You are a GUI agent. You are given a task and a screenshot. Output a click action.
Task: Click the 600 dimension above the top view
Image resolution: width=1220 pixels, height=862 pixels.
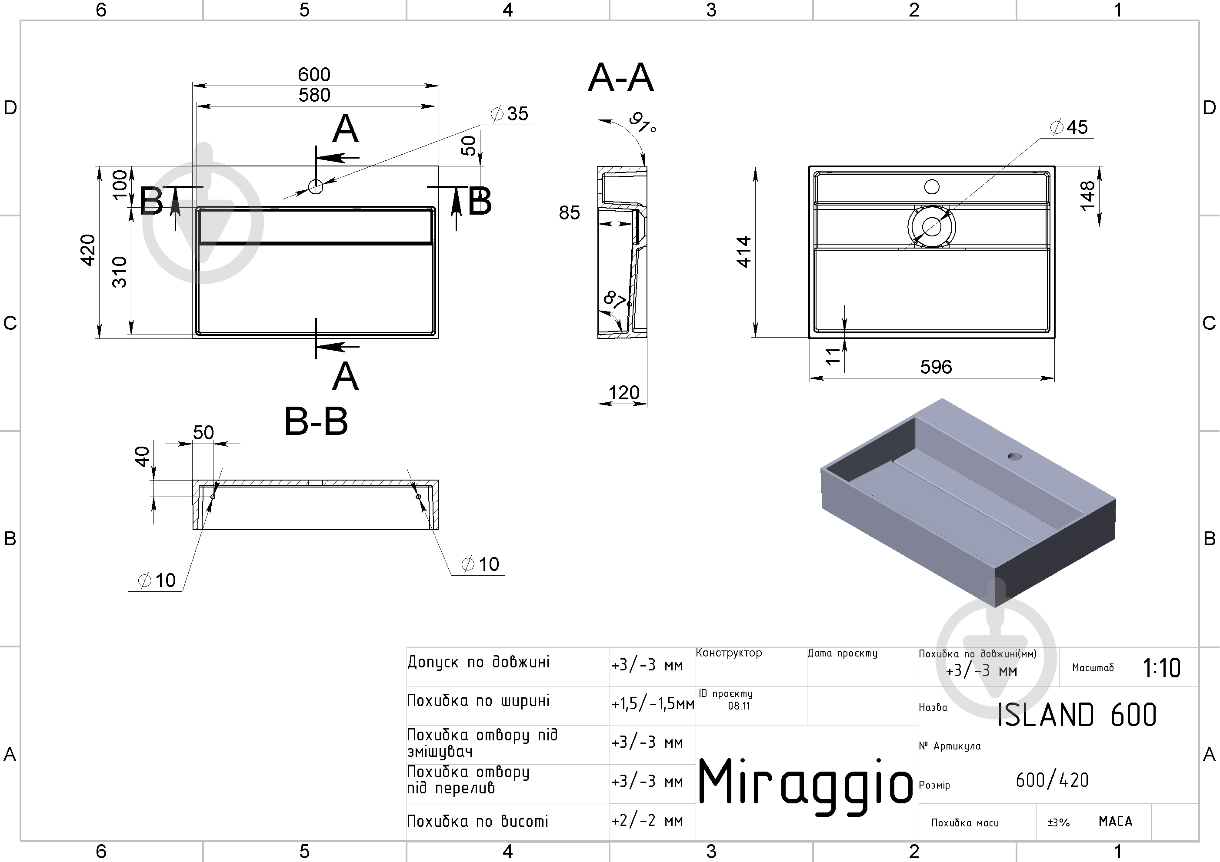pos(314,74)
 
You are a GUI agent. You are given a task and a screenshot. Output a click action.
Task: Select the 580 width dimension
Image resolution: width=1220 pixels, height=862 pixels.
pos(314,95)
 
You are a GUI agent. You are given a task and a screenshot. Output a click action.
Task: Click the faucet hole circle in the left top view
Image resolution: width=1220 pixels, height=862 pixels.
pos(316,186)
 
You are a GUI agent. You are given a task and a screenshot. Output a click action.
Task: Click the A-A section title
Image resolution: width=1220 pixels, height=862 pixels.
pos(620,77)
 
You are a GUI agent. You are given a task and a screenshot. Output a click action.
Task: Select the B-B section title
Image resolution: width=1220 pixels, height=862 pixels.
pos(316,422)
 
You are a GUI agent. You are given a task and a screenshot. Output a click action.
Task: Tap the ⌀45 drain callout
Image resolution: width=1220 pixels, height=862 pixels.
pos(1069,127)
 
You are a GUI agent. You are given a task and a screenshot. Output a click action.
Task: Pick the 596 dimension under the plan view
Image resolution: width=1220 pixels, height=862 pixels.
pos(936,366)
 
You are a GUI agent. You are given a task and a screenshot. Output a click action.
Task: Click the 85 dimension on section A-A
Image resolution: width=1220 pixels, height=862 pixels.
pos(569,212)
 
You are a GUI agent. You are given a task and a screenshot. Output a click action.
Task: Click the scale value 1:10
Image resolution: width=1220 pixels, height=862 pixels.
pos(1162,668)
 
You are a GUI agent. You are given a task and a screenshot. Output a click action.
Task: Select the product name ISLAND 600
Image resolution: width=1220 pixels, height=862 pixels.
pos(1077,714)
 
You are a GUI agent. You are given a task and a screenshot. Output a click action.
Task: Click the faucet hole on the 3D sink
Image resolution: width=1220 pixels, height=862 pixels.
pos(1014,456)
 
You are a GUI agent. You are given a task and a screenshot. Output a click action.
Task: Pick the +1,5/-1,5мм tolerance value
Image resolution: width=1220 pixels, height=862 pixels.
pos(653,704)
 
